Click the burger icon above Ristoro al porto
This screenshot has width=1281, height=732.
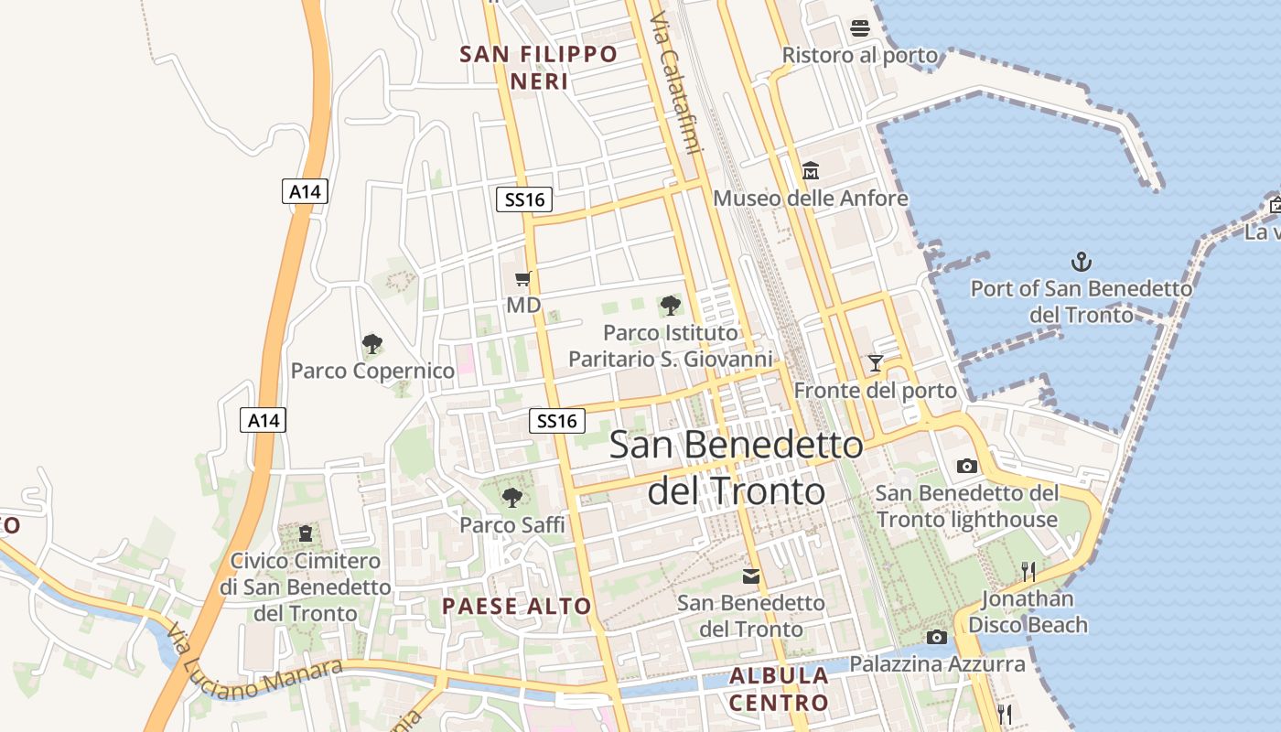click(x=859, y=28)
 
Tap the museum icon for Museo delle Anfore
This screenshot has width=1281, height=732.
click(x=811, y=171)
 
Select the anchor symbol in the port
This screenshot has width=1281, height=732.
click(x=1082, y=263)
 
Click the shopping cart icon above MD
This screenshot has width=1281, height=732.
click(x=523, y=278)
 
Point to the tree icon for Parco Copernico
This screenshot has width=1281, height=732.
click(x=371, y=344)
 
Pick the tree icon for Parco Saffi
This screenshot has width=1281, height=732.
click(x=512, y=498)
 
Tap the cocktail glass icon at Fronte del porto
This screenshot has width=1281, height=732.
click(x=876, y=363)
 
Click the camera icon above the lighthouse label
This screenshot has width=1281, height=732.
click(x=966, y=466)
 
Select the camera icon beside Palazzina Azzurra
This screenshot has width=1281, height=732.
click(x=936, y=637)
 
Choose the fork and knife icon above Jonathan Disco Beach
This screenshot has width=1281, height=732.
click(x=1028, y=572)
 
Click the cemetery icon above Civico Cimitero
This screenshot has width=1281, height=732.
click(x=305, y=533)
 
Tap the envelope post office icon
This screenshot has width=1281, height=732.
click(x=751, y=576)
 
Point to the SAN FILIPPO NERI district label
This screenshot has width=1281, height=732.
click(x=539, y=68)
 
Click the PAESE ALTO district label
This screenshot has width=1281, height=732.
click(x=517, y=606)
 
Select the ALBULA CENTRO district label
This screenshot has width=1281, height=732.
click(x=779, y=689)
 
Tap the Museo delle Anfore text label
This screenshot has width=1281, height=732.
click(x=811, y=199)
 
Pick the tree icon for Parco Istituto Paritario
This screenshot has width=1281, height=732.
click(x=671, y=306)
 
